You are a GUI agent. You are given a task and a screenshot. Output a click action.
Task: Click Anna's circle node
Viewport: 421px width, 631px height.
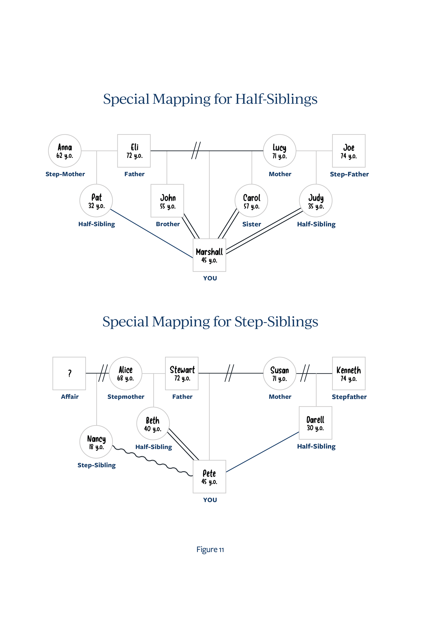(x=65, y=151)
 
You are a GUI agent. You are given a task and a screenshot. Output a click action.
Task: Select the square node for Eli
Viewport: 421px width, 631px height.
(x=134, y=151)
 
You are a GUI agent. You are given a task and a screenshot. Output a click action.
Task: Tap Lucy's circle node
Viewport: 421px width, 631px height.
(x=280, y=151)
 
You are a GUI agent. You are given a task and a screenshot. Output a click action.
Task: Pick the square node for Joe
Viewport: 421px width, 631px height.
(x=349, y=151)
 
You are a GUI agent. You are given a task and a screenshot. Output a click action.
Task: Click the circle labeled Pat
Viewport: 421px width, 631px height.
(x=96, y=201)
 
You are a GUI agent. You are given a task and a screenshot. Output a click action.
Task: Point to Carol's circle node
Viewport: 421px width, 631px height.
(x=251, y=201)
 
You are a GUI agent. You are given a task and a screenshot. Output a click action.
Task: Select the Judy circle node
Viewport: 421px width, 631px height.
(x=316, y=201)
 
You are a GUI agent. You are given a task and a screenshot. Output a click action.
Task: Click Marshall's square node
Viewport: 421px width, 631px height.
(x=209, y=255)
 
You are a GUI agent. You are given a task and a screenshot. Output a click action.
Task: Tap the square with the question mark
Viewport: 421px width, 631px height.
(x=69, y=374)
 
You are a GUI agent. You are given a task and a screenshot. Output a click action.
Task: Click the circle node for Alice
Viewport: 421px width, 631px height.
(x=125, y=374)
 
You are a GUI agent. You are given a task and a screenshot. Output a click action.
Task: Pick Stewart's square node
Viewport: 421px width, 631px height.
(x=182, y=374)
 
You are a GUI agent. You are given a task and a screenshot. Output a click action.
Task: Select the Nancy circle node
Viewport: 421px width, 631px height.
(x=96, y=442)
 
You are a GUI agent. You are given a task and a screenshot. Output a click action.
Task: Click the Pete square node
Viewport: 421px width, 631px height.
(x=209, y=477)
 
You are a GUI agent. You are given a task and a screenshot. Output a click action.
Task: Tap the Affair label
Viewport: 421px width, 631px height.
(x=70, y=396)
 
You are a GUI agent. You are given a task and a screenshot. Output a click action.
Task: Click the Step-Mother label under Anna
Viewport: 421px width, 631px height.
(x=65, y=174)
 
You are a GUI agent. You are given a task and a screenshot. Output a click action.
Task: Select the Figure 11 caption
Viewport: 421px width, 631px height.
(x=210, y=549)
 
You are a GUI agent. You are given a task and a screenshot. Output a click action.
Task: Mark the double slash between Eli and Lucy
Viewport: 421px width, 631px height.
(x=196, y=150)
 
